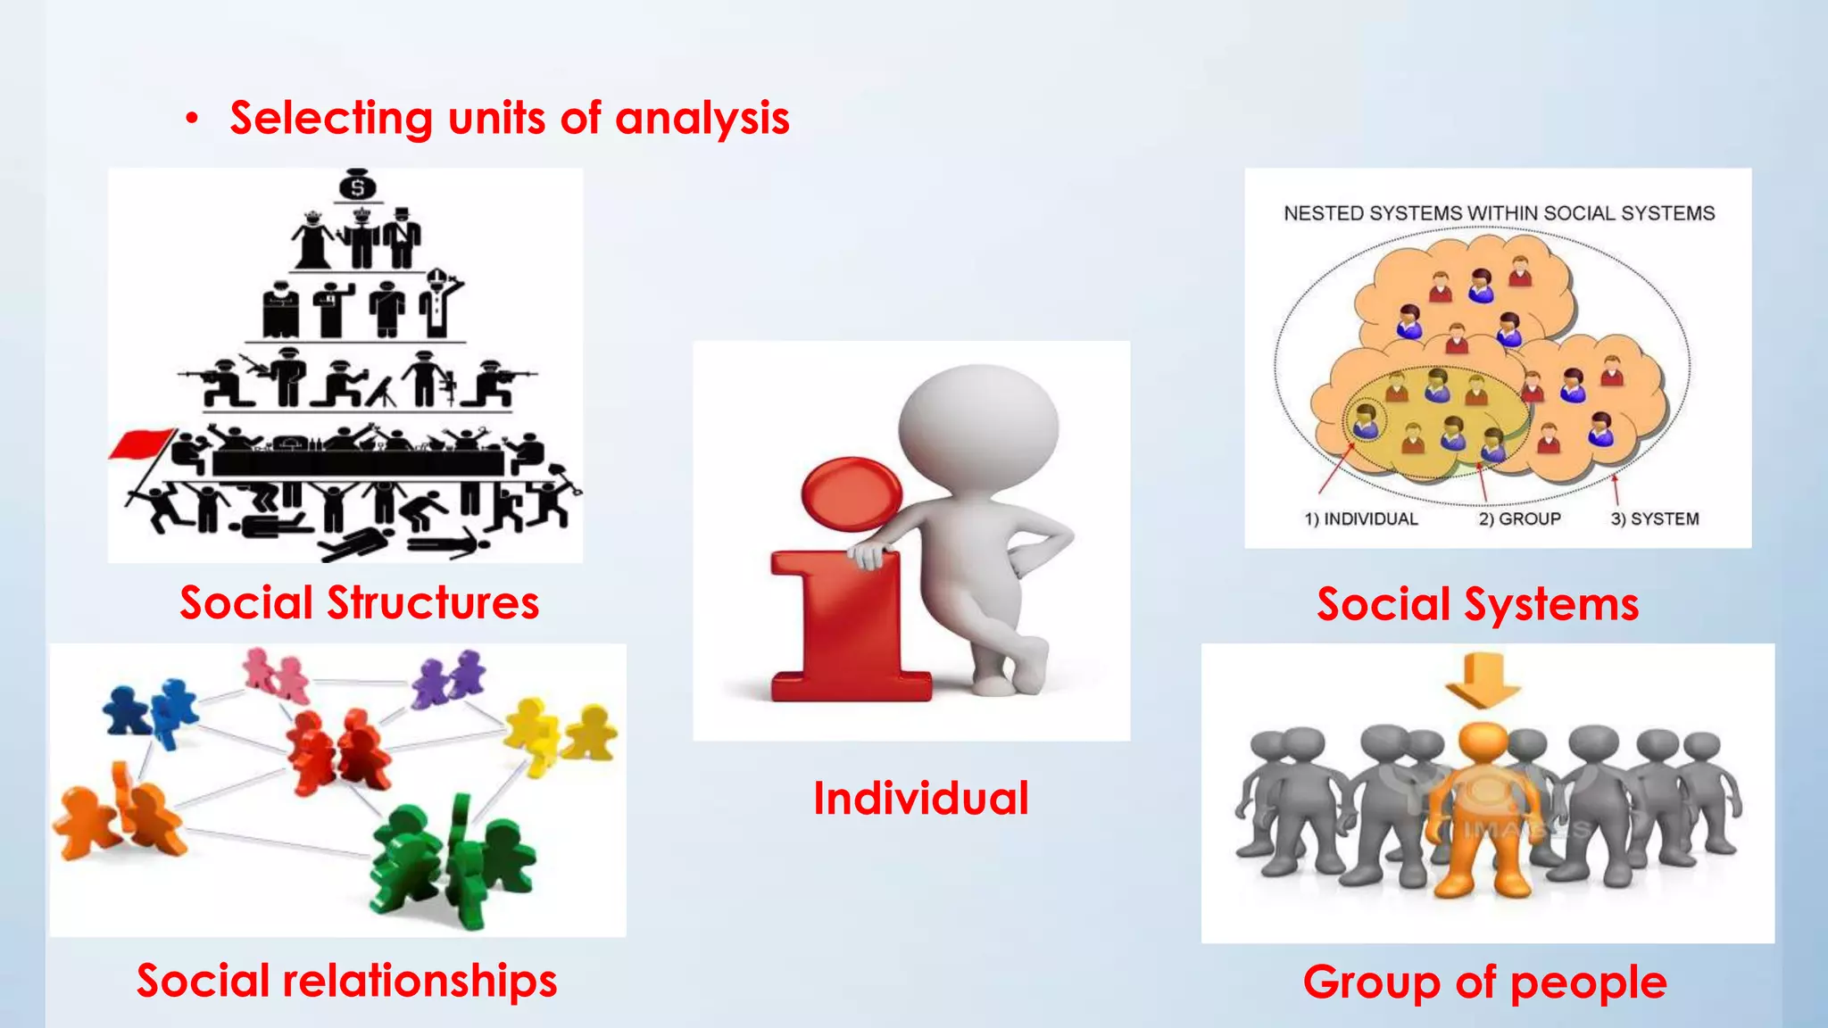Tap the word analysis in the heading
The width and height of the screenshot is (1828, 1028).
point(702,119)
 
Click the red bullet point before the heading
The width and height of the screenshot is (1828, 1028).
point(191,119)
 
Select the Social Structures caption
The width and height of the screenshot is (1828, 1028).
point(359,602)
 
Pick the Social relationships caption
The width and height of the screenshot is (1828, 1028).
point(346,980)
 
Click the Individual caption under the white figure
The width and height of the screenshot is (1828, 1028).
point(920,798)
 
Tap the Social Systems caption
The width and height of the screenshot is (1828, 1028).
point(1477,604)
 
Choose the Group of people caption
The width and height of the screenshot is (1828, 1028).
point(1484,982)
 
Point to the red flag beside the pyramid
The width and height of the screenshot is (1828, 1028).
point(143,444)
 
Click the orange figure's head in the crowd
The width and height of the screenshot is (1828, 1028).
point(1483,742)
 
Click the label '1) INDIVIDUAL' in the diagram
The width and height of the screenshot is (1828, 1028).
point(1360,518)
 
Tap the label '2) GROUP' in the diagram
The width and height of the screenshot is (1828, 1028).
point(1519,518)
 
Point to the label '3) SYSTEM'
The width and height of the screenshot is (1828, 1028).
point(1654,518)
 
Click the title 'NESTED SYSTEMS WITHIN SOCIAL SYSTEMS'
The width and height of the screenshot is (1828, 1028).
point(1499,213)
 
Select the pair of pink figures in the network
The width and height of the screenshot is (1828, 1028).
point(276,673)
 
